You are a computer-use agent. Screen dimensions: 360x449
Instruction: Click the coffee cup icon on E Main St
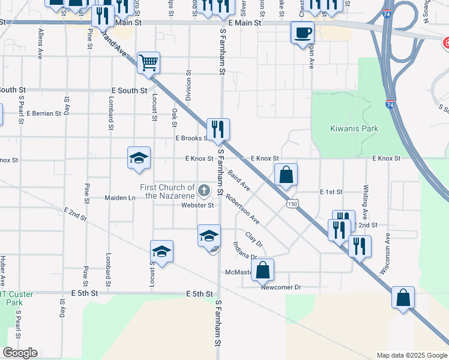(302, 32)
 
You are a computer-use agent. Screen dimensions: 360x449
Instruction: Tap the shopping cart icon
(148, 61)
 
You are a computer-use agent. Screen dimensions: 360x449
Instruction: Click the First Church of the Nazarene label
(167, 191)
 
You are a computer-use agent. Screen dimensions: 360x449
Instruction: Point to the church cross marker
(204, 191)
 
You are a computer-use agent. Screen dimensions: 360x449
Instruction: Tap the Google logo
(20, 353)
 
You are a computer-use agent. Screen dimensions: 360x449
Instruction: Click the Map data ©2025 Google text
(411, 355)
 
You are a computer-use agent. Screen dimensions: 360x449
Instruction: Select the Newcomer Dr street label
(280, 287)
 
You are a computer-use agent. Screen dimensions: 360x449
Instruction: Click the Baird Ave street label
(239, 180)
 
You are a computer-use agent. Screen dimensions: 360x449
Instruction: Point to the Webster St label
(197, 205)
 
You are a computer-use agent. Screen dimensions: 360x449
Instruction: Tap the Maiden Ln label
(120, 197)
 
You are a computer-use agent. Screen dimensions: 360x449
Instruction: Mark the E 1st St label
(330, 192)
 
